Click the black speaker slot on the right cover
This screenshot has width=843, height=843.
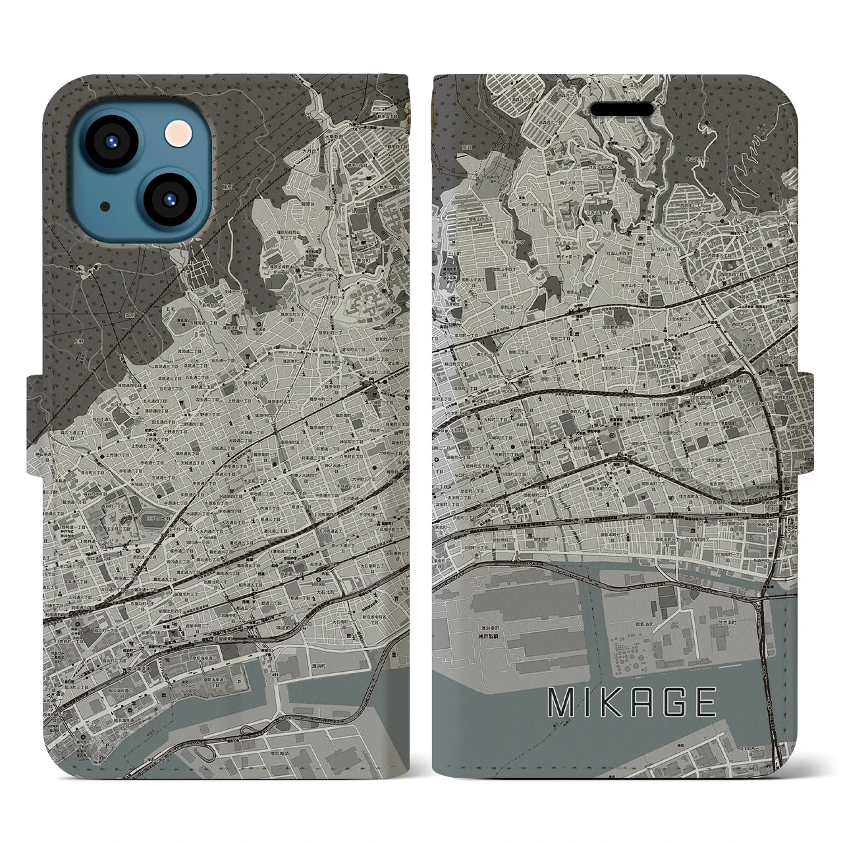622,108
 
